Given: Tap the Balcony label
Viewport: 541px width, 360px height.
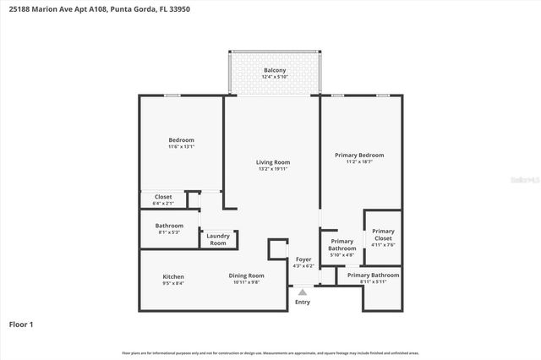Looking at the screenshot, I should point(275,70).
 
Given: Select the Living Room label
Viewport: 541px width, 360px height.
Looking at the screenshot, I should point(273,162).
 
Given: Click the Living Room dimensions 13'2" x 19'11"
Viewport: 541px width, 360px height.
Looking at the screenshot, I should point(273,170).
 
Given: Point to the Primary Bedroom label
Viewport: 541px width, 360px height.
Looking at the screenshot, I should point(359,155).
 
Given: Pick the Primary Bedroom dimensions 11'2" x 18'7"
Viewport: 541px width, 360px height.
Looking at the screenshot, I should point(359,162).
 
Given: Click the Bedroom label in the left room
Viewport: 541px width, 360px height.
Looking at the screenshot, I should point(181,139).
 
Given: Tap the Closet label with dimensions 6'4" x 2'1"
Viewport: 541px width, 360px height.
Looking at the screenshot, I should point(163,197).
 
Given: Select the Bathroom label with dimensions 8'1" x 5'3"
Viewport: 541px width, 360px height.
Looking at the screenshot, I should point(169,226).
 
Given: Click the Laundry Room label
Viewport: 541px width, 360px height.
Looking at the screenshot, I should point(218,239).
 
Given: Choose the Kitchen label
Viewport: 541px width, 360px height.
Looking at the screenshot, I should point(173,276).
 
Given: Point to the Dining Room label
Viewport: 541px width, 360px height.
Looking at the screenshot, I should point(246,275).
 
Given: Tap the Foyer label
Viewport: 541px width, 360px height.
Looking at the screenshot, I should point(303,259).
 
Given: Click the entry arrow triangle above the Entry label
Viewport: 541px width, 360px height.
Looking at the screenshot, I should point(303,291).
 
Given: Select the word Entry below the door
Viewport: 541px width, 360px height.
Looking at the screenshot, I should point(303,302).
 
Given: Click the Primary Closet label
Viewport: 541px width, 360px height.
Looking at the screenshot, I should point(383,235).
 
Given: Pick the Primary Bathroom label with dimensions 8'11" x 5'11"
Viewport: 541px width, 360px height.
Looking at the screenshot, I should point(373,275).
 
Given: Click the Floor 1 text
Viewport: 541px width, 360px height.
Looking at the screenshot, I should point(21,324).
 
